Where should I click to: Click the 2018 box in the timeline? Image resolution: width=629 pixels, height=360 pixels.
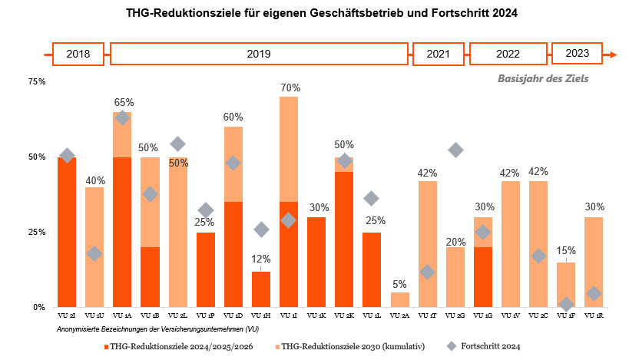[78, 54]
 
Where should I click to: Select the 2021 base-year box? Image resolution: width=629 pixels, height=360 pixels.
[439, 54]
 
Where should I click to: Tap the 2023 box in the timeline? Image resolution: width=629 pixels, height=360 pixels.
[577, 54]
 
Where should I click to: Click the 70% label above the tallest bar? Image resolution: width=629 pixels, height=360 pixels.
[289, 88]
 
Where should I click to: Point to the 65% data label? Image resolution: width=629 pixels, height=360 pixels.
[123, 102]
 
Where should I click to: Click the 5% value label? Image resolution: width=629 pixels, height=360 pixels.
[400, 283]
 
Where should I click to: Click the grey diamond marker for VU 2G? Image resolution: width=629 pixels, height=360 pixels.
[455, 150]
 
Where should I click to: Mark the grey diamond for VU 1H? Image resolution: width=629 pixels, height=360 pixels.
[261, 230]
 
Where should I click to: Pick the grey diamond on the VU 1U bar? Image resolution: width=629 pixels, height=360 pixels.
[94, 254]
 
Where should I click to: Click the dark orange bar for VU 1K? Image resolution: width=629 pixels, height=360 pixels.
[316, 262]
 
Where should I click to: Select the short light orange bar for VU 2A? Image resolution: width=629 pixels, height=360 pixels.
[400, 300]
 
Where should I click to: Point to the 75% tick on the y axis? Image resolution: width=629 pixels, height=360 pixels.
[36, 81]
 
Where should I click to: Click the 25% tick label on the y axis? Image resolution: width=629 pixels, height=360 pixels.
[36, 232]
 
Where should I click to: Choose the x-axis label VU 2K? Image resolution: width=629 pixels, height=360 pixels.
[344, 316]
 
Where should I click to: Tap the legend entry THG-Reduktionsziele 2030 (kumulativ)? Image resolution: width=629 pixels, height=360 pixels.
[350, 347]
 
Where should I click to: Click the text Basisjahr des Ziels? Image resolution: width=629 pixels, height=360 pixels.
[544, 78]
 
